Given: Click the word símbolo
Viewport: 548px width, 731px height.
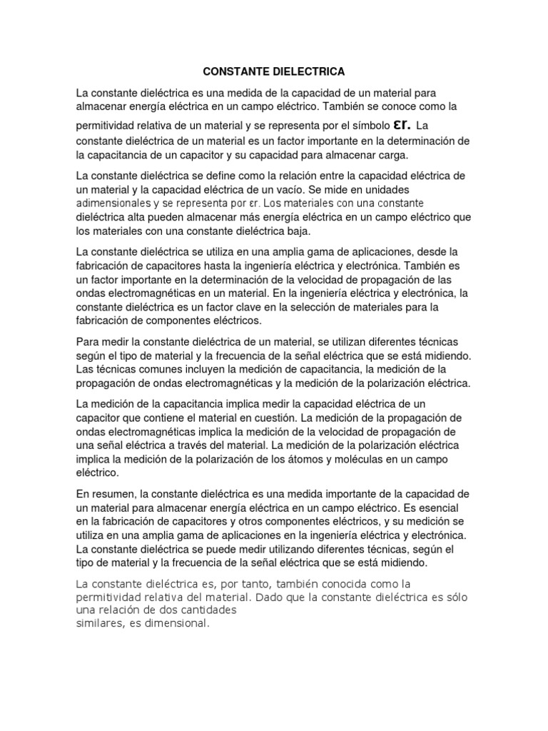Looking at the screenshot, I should [x=367, y=126].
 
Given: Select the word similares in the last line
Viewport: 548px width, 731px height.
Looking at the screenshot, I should [x=99, y=623].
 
